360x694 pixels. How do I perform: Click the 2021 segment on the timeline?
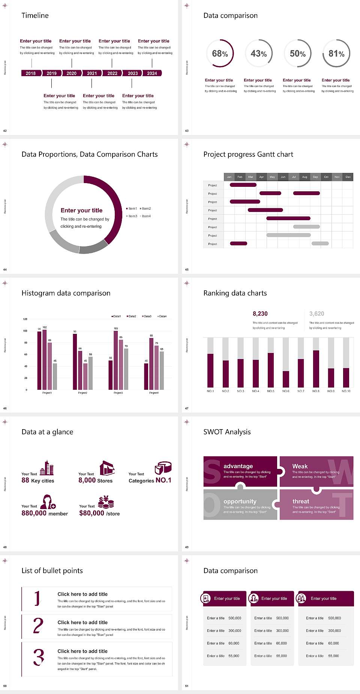pos(92,74)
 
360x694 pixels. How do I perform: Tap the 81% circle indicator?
pos(336,54)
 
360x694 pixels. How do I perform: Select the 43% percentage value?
pos(259,54)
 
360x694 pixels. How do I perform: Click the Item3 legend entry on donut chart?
pos(132,216)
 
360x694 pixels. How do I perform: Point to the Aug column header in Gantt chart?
pos(304,177)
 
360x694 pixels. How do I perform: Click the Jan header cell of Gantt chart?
pos(229,177)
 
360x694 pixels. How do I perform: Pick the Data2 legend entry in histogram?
pos(131,316)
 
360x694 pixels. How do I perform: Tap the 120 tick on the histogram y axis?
pos(25,319)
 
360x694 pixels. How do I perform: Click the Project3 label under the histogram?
pos(118,393)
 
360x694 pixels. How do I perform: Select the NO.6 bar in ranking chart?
pos(286,379)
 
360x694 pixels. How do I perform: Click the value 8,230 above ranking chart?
pos(260,314)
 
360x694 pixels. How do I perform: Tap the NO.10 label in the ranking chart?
pos(346,391)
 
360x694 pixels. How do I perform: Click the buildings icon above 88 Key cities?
pos(47,468)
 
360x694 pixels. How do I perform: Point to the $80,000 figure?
pos(91,513)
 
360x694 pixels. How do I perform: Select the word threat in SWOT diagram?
pos(301,501)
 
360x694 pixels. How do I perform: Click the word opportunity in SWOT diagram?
pos(240,501)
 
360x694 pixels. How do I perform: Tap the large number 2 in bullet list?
pos(38,626)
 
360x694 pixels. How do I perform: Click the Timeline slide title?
pos(35,15)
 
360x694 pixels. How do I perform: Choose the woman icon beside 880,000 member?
pos(48,502)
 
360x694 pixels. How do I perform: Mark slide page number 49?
pos(187,547)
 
